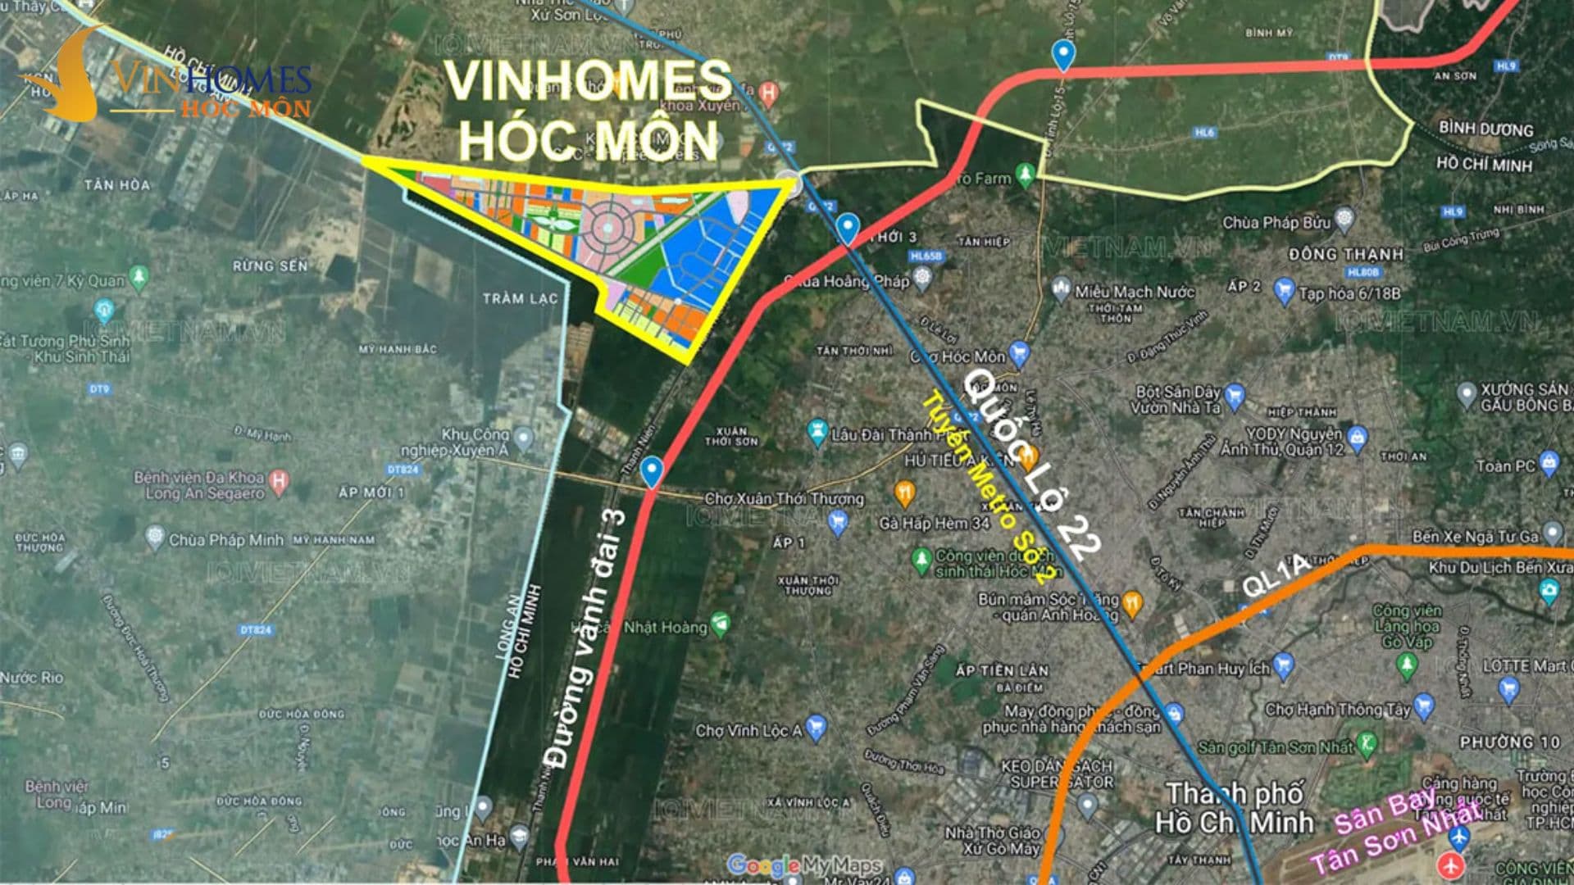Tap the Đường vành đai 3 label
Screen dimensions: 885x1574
(x=586, y=639)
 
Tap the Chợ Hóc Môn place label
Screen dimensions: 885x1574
(x=957, y=356)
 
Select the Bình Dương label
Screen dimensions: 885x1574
(x=1485, y=129)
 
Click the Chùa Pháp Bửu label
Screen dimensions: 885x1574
(x=1276, y=223)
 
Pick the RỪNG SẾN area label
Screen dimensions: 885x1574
(x=270, y=266)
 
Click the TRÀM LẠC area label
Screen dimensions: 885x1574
(x=520, y=298)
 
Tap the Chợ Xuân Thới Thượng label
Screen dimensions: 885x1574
(x=784, y=498)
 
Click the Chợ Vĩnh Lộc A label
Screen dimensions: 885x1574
(x=748, y=730)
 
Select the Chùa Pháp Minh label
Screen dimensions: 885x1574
(x=225, y=540)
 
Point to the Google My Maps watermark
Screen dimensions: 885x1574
(x=803, y=865)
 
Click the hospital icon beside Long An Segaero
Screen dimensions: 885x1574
(x=279, y=480)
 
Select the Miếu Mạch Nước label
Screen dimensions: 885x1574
(x=1135, y=292)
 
